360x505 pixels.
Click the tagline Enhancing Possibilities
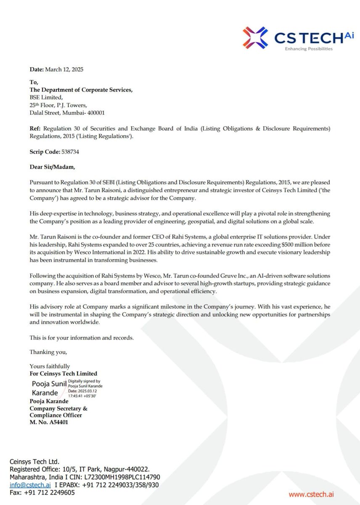(309, 49)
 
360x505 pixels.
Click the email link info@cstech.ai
(30, 485)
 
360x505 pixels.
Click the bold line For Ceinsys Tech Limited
(63, 373)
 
